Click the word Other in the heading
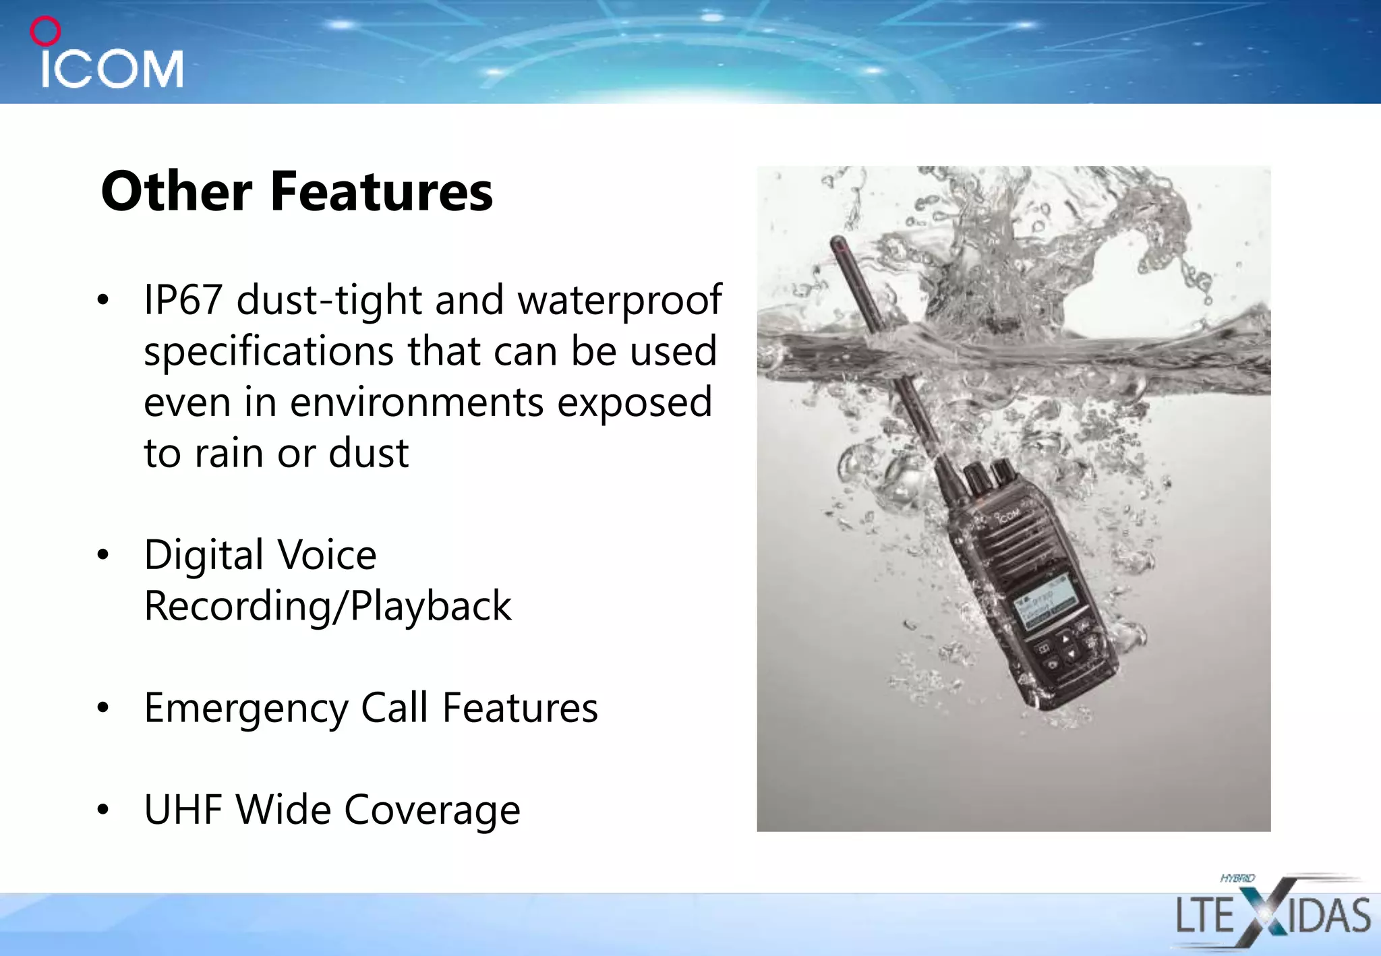(177, 191)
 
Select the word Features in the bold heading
(382, 191)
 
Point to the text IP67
(183, 299)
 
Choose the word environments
(417, 402)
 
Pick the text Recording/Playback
(328, 606)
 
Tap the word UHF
(183, 810)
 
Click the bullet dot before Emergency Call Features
(102, 708)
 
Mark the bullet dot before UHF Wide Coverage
(102, 809)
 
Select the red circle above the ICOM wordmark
(46, 31)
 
